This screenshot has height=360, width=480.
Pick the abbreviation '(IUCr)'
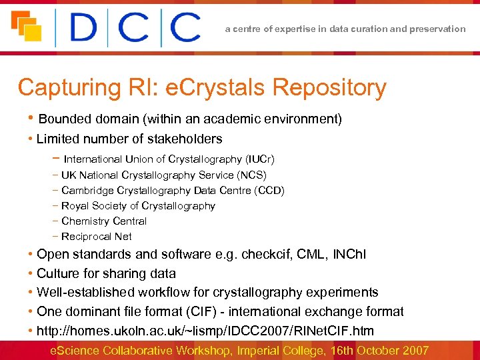point(260,159)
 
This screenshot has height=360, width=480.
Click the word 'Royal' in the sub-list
point(75,206)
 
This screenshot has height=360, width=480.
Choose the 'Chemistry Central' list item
point(104,221)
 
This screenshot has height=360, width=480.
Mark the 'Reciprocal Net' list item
point(97,237)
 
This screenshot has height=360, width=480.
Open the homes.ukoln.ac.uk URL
point(205,331)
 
